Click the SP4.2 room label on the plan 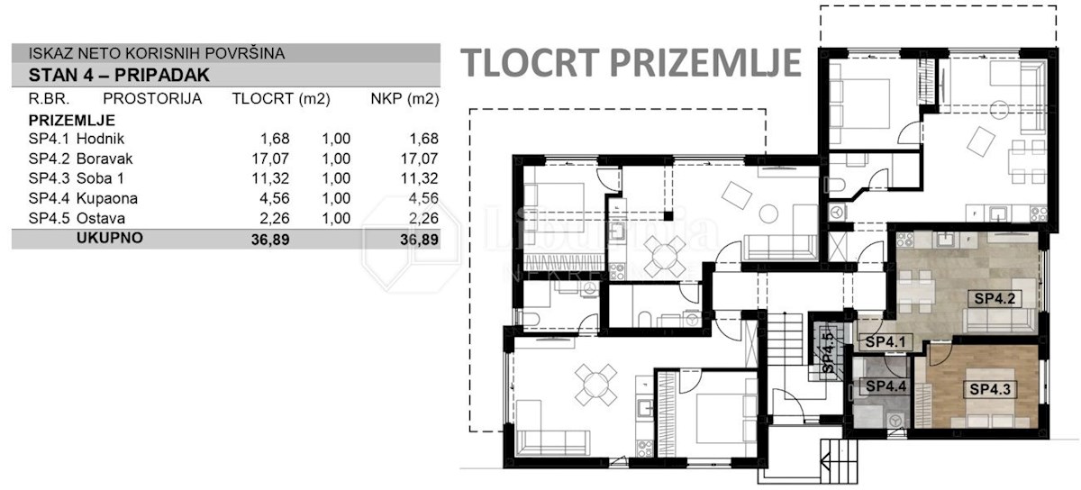(x=995, y=299)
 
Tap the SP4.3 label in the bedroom (x=990, y=389)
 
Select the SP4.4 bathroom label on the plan (x=886, y=386)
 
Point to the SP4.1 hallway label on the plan (x=885, y=342)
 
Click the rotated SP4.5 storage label (x=828, y=353)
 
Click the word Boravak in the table (x=104, y=159)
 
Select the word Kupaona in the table (x=107, y=198)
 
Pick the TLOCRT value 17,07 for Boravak (x=270, y=159)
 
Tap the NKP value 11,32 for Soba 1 (x=420, y=178)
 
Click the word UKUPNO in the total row (x=110, y=238)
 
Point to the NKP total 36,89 (x=420, y=240)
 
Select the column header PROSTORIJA (x=152, y=99)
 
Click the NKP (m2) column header (x=404, y=99)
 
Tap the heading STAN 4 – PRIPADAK (x=119, y=76)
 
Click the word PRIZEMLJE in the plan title (x=705, y=63)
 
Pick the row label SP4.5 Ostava (x=77, y=218)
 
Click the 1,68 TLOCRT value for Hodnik (x=275, y=139)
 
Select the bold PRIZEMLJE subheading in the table (x=72, y=120)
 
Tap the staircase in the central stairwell (x=785, y=340)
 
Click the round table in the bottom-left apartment (x=596, y=385)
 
